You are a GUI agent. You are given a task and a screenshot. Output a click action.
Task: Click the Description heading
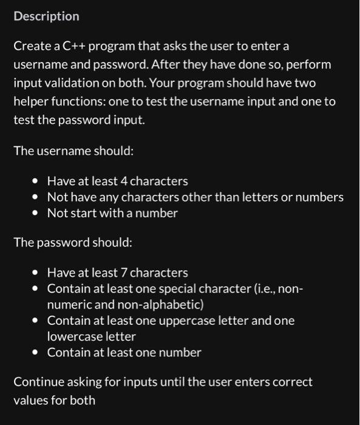click(x=46, y=16)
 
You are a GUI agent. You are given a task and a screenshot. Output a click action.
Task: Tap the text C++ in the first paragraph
click(x=75, y=46)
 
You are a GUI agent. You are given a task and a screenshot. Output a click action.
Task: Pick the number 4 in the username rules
click(x=123, y=181)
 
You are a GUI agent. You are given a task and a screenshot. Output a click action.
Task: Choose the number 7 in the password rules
click(x=122, y=273)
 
